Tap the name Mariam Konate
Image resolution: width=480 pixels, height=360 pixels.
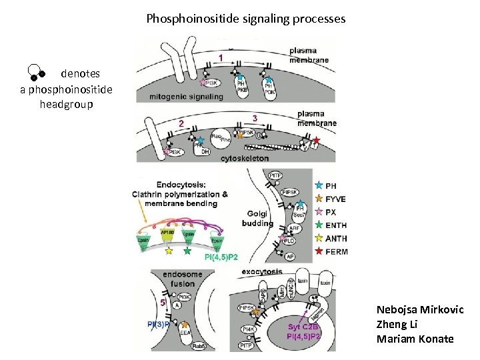[x=415, y=339]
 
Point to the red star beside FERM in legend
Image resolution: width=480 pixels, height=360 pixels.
[x=319, y=251]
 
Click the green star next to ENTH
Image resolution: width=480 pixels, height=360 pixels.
[x=319, y=225]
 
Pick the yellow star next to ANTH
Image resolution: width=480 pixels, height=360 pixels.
[x=319, y=238]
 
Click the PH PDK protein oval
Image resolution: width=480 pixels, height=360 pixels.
[x=269, y=89]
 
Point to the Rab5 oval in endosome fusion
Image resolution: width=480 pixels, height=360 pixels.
[x=199, y=346]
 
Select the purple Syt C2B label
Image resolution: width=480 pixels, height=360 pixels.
[x=304, y=327]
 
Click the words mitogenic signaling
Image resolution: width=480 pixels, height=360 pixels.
[x=181, y=96]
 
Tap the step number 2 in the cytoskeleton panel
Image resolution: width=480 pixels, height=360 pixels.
[x=181, y=123]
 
